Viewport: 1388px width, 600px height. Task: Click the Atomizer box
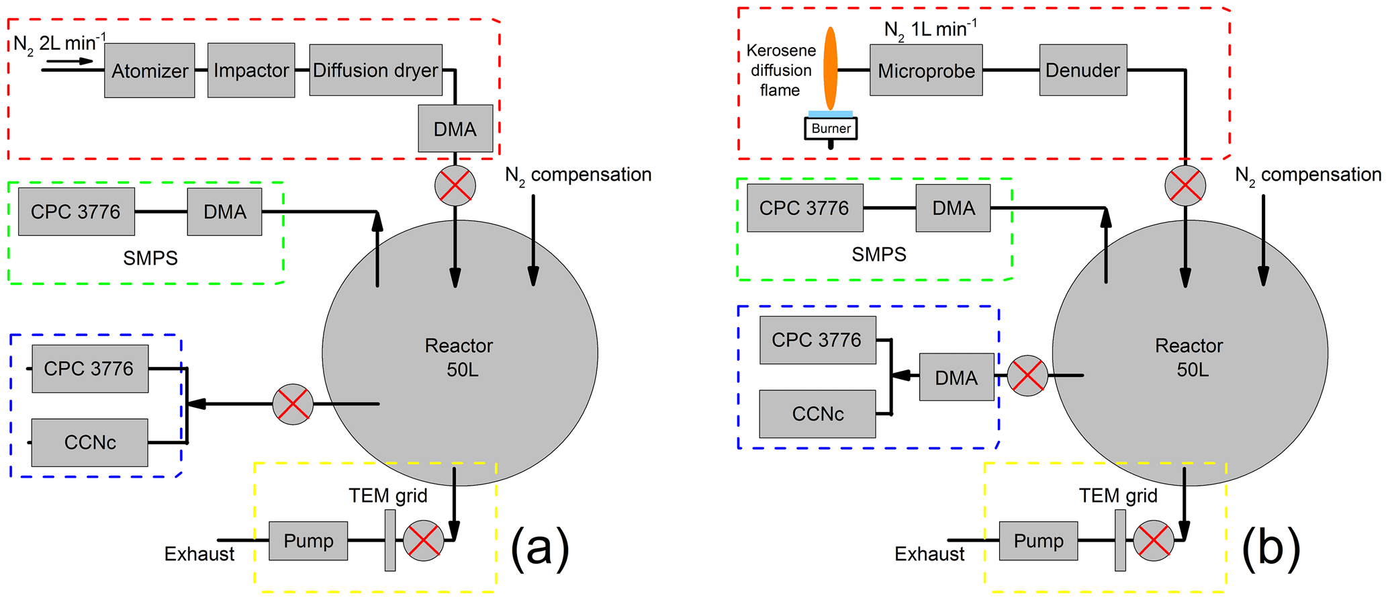[149, 71]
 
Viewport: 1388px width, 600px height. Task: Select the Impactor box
[251, 71]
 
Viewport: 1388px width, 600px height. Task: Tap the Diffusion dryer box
[375, 71]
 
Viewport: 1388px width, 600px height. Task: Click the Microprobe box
[926, 71]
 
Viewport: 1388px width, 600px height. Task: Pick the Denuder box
[1082, 71]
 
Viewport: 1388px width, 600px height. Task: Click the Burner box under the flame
[831, 128]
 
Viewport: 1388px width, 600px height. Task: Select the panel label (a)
[540, 548]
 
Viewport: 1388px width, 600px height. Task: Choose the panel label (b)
[1270, 548]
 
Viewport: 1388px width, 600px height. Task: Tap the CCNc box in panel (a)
[89, 442]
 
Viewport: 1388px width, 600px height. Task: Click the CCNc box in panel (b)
[817, 414]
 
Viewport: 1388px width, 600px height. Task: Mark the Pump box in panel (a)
[308, 541]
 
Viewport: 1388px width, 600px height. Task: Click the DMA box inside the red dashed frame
[455, 128]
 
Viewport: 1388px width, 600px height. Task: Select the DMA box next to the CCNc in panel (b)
[956, 377]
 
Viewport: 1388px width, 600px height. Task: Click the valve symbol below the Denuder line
[1185, 185]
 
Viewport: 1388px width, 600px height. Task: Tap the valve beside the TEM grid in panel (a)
[424, 540]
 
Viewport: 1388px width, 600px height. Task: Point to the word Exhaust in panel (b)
[929, 554]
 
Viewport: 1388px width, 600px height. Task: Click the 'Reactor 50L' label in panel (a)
[459, 357]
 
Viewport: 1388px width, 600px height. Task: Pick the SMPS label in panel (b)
[879, 255]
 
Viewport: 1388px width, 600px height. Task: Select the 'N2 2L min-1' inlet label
[59, 44]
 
